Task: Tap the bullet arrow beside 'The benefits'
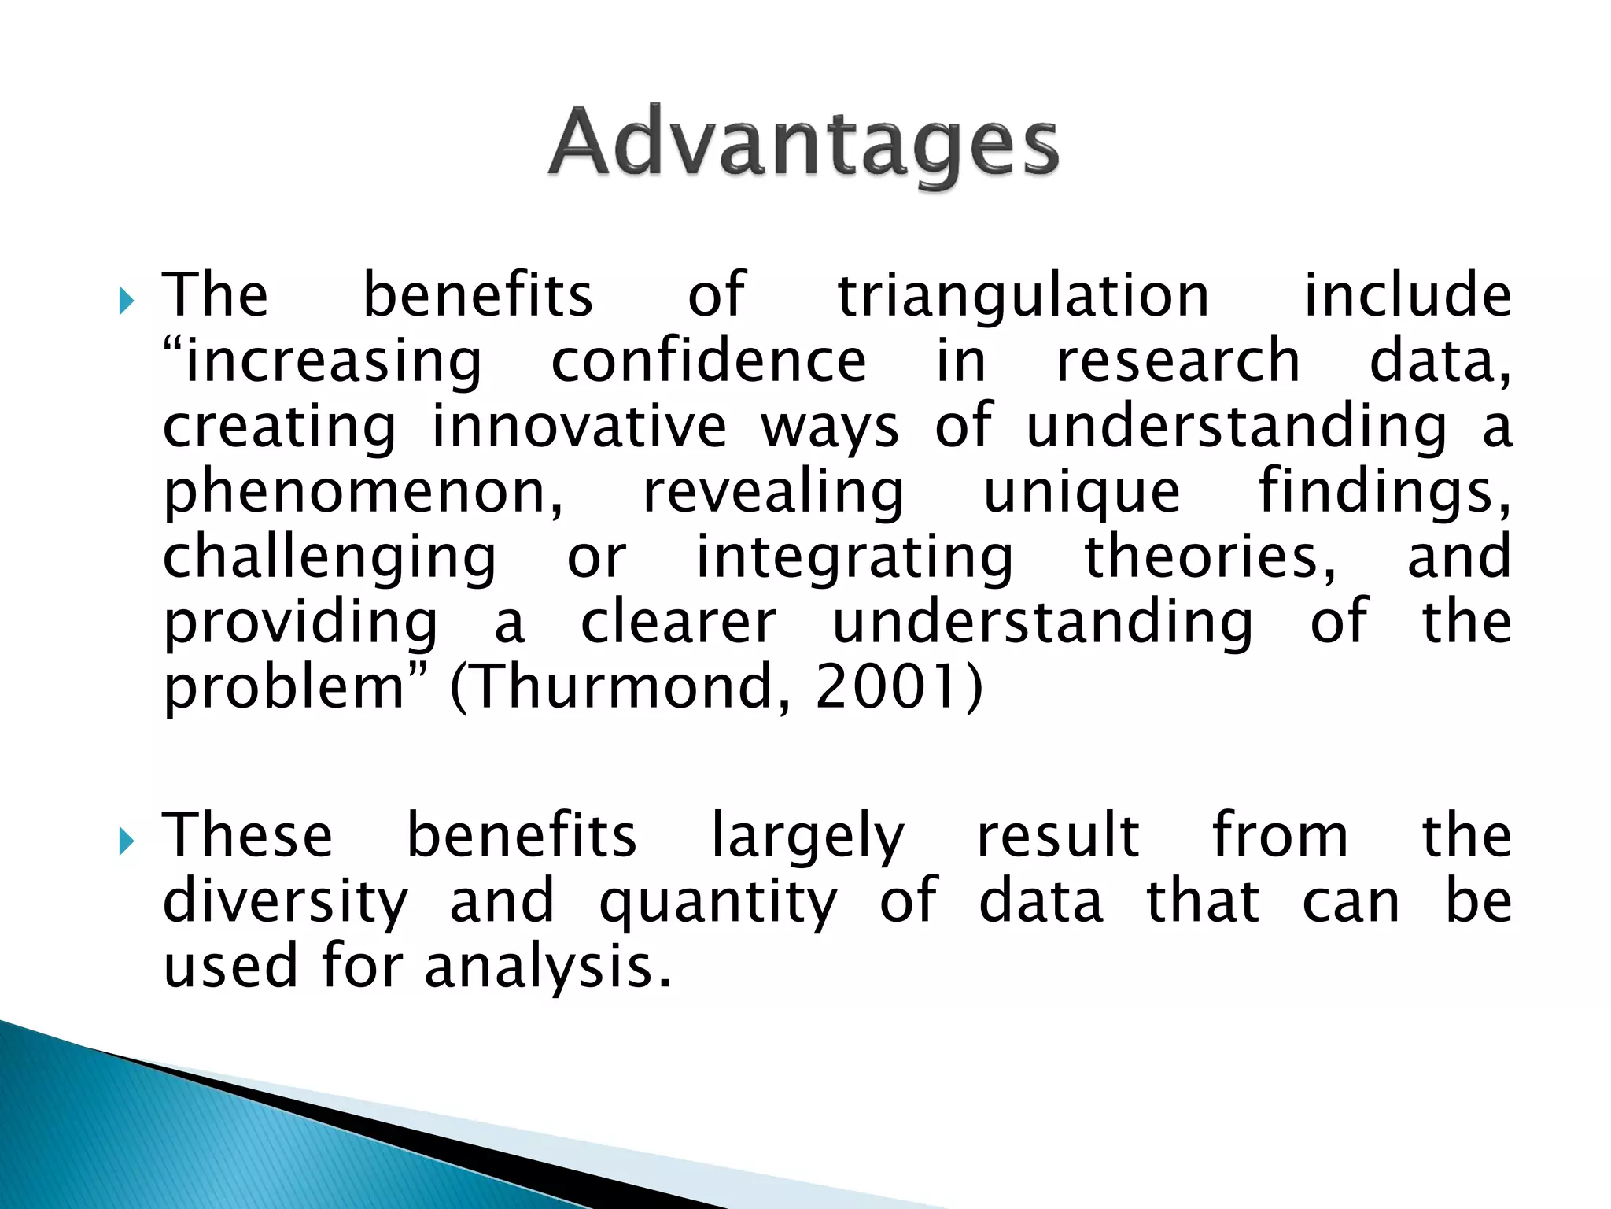click(x=126, y=301)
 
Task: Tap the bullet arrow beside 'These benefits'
click(x=126, y=842)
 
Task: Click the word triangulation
click(x=1023, y=296)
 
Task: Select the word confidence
click(x=708, y=362)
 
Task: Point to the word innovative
click(x=579, y=427)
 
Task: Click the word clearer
click(x=678, y=623)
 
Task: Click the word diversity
click(x=285, y=903)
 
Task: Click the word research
click(x=1178, y=362)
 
